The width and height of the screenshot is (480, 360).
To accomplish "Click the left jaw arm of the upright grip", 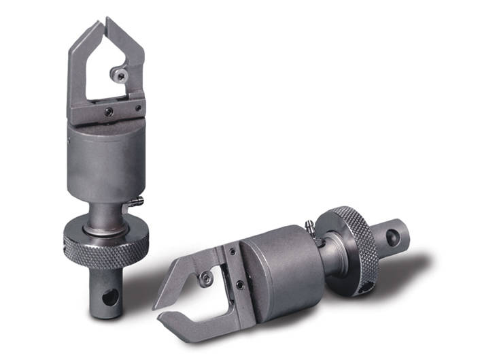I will pos(77,68).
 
